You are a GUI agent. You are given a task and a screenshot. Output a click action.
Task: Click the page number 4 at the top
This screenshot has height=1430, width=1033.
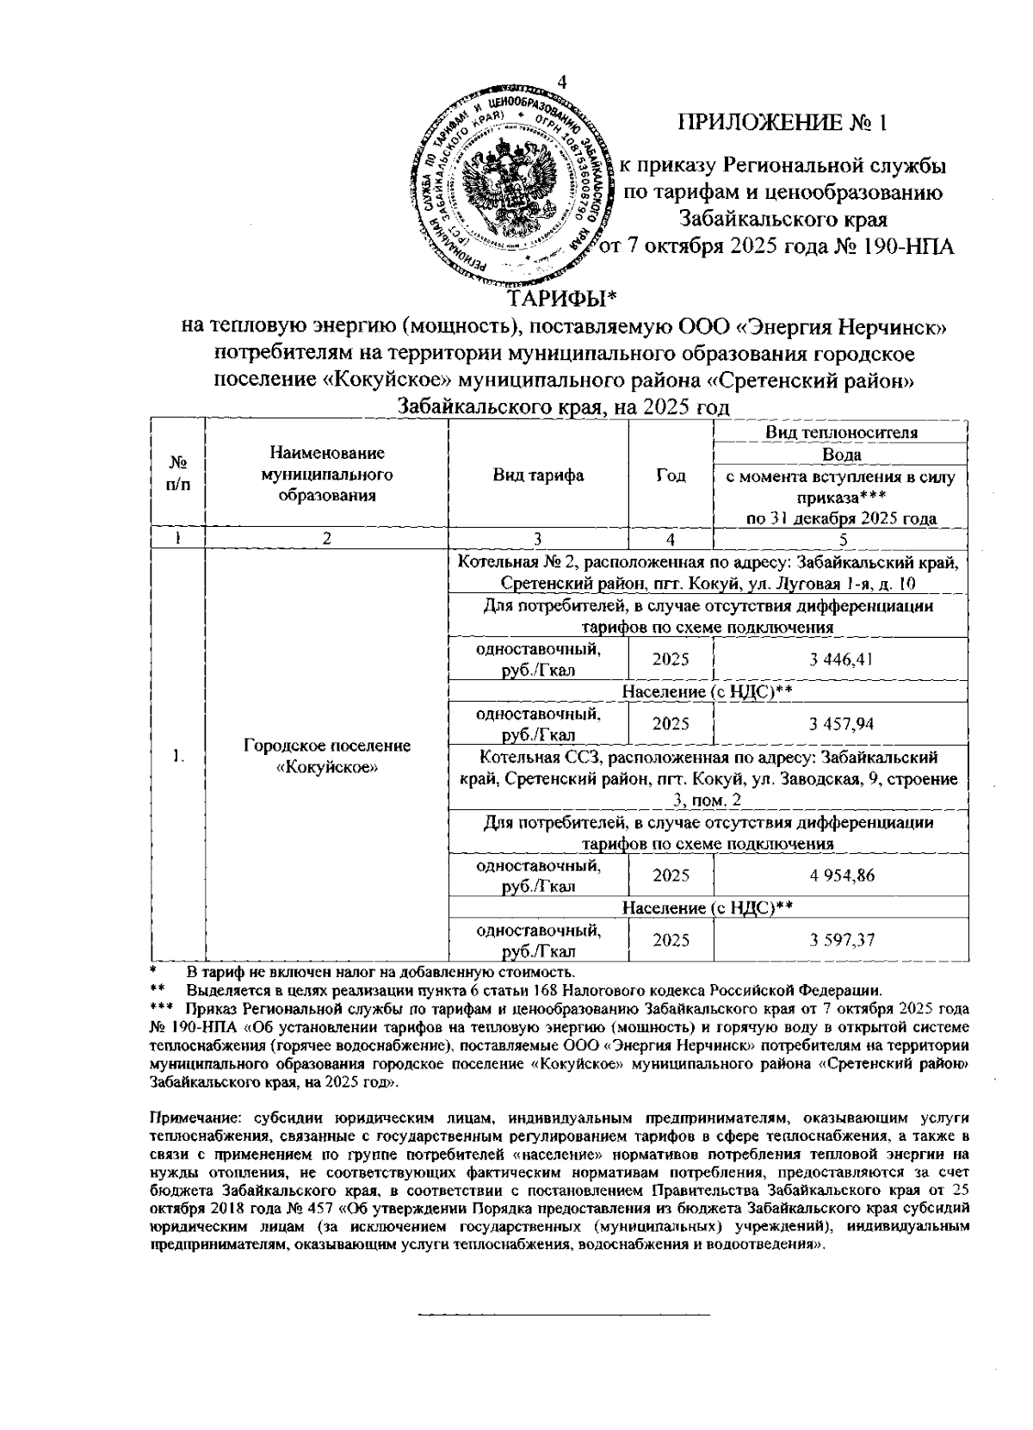click(x=563, y=82)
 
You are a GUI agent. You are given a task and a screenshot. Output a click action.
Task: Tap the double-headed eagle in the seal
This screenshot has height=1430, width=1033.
click(x=514, y=183)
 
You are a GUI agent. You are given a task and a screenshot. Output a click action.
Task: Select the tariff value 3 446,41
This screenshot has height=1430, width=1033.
click(x=841, y=659)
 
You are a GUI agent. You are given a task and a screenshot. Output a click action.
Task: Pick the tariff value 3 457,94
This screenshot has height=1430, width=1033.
click(x=841, y=724)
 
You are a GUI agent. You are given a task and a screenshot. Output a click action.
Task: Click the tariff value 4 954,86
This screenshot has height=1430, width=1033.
click(x=841, y=876)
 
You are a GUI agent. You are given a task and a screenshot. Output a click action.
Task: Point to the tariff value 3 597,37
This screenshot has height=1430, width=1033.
click(x=841, y=940)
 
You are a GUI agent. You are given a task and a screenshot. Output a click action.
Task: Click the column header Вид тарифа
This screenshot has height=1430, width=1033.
click(x=538, y=475)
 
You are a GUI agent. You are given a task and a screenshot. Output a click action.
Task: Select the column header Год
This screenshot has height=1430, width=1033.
click(x=671, y=475)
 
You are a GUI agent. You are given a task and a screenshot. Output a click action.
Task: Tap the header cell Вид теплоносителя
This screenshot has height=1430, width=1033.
click(x=841, y=432)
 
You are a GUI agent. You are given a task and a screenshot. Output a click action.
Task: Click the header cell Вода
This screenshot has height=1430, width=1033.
click(x=841, y=455)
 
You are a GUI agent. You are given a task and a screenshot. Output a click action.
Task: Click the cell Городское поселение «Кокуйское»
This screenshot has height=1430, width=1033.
click(x=326, y=756)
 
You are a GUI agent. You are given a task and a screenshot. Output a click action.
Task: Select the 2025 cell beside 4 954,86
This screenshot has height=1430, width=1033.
click(x=671, y=876)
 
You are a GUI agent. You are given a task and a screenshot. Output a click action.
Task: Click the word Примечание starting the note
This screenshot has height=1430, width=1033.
click(x=189, y=1117)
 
